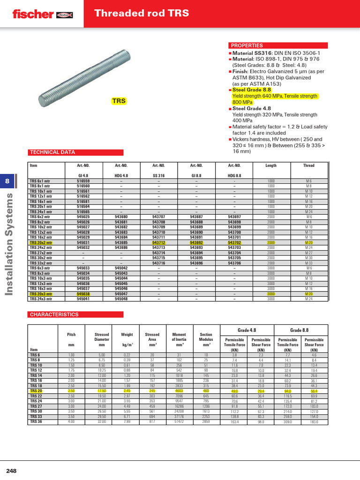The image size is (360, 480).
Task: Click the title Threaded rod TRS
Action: point(142,13)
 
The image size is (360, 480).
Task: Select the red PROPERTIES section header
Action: point(247,45)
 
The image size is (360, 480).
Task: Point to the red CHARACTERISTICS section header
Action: point(54,314)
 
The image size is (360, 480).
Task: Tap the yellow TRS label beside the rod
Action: point(119,101)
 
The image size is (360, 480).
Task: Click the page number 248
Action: point(11,470)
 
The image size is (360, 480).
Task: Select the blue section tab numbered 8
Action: point(7,181)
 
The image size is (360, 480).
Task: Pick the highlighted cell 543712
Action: point(159,243)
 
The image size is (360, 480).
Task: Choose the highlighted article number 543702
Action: point(234,243)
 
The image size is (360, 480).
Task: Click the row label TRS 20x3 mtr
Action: point(41,294)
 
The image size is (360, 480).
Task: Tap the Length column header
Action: point(271,165)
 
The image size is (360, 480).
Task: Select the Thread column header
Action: point(309,165)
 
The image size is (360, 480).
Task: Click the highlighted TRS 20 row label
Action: point(36,390)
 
